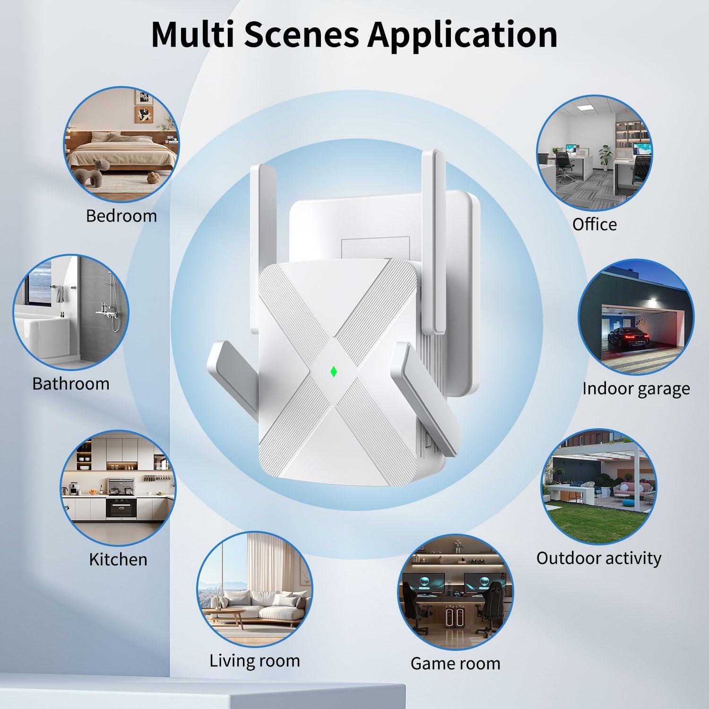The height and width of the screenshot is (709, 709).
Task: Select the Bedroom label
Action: [121, 216]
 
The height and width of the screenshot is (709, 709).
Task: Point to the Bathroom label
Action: [71, 383]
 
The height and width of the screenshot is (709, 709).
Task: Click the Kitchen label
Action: [118, 559]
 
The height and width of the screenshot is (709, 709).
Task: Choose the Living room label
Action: [255, 660]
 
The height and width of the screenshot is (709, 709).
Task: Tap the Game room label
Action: [455, 663]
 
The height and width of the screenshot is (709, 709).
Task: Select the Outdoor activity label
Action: [598, 558]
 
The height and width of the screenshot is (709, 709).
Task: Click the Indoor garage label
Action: [636, 389]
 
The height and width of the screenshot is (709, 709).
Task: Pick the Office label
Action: [594, 224]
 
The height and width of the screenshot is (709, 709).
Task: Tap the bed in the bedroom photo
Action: [118, 151]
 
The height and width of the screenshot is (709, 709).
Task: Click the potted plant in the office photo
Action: [605, 156]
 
